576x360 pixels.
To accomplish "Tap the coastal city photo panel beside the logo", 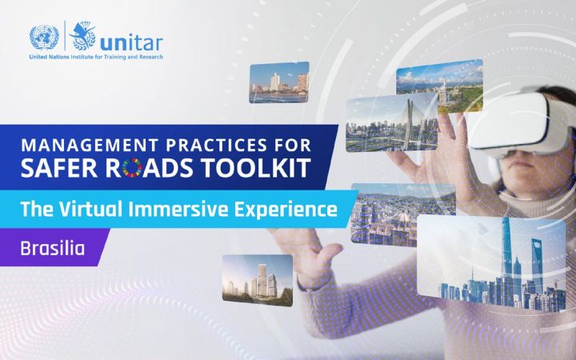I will pos(278,82).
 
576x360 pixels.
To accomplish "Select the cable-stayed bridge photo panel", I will pos(380,123).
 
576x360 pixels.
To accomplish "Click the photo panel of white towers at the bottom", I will pos(257,280).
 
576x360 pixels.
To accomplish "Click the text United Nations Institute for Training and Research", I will pos(95,58).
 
